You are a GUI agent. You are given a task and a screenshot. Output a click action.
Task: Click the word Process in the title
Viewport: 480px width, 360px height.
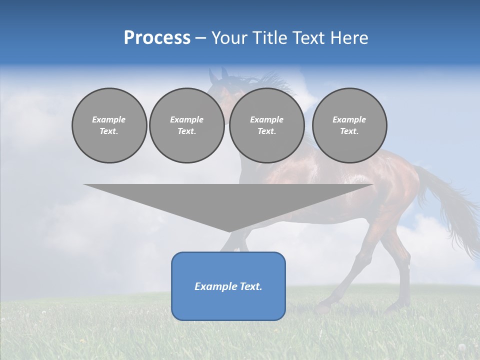tap(157, 38)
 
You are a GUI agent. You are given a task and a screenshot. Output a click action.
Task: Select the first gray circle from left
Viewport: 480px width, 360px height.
tap(109, 125)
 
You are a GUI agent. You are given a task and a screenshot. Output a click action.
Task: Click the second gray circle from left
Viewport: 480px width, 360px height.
tap(187, 125)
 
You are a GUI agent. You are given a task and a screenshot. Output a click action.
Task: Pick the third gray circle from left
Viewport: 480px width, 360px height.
tap(266, 125)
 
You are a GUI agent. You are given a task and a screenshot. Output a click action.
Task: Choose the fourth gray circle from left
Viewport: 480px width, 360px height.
tap(349, 125)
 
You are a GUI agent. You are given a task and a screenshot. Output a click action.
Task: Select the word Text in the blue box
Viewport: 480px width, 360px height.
tap(251, 286)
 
